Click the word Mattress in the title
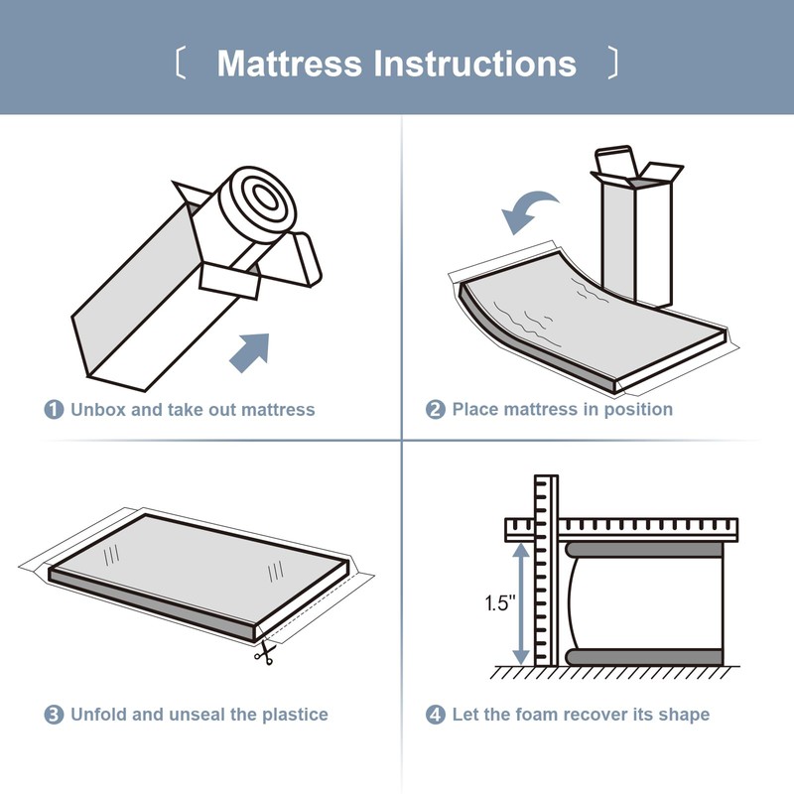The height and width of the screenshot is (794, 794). point(289,64)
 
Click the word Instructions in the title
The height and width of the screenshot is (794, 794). point(475,64)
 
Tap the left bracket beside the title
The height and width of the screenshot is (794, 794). point(181,63)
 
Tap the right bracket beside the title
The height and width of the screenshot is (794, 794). point(612,63)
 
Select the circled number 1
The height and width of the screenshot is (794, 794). point(55,410)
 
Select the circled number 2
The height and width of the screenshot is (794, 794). point(436,410)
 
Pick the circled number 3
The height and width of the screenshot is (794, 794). point(55,715)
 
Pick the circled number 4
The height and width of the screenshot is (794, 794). point(436,715)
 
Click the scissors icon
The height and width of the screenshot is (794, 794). point(265,653)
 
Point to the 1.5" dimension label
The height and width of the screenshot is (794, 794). point(500,602)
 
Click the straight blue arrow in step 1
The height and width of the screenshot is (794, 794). point(249,353)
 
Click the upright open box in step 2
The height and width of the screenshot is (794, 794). point(637,227)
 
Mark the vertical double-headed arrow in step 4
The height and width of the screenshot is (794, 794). point(521,603)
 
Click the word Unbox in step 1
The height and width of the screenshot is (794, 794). point(97,410)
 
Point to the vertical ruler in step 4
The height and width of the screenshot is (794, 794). point(547,572)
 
